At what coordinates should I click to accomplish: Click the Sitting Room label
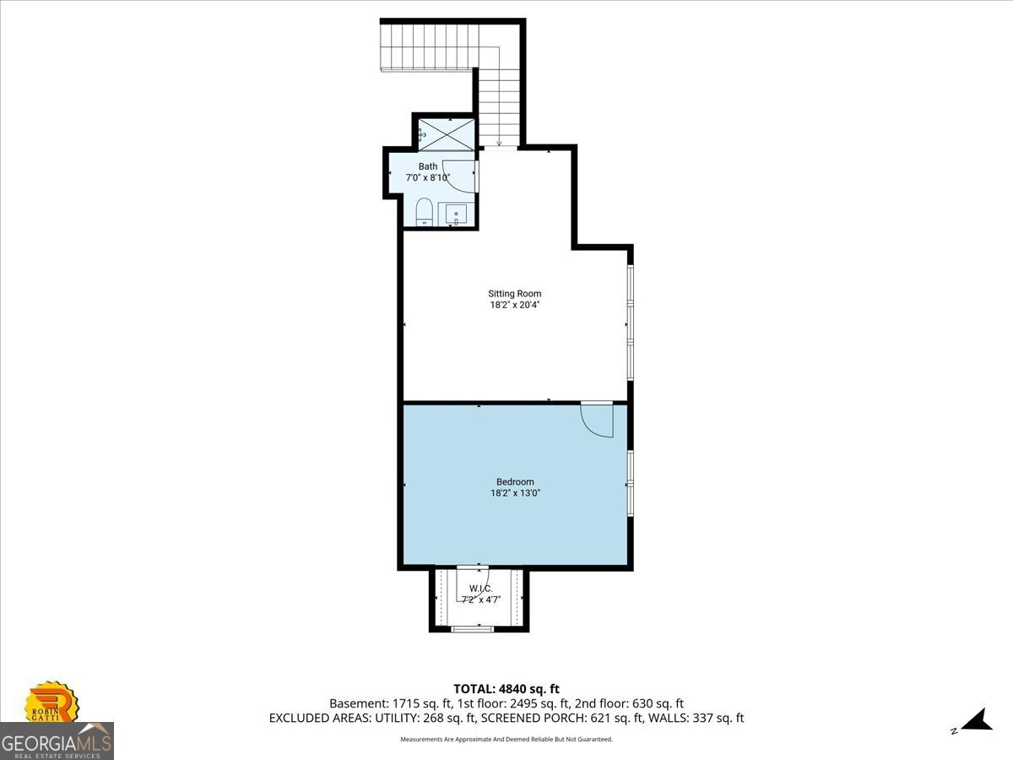point(515,294)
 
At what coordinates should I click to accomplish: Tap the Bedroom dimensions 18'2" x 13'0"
point(515,493)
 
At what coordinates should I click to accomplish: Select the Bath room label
point(428,166)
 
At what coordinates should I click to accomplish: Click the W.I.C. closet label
point(481,589)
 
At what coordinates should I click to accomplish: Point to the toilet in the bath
point(424,212)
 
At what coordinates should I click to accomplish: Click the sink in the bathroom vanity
point(456,215)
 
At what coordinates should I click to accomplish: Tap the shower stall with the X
point(447,134)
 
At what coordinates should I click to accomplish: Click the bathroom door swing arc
point(450,183)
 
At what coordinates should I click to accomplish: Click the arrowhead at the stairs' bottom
point(499,143)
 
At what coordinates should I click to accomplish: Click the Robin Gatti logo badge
point(51,703)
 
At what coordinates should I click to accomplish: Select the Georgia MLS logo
point(57,741)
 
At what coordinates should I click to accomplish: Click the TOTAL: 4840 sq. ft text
point(506,689)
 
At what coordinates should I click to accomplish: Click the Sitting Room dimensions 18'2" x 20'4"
point(515,305)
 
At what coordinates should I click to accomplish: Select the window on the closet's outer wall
point(472,629)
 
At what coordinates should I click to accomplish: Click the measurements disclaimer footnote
point(506,739)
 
